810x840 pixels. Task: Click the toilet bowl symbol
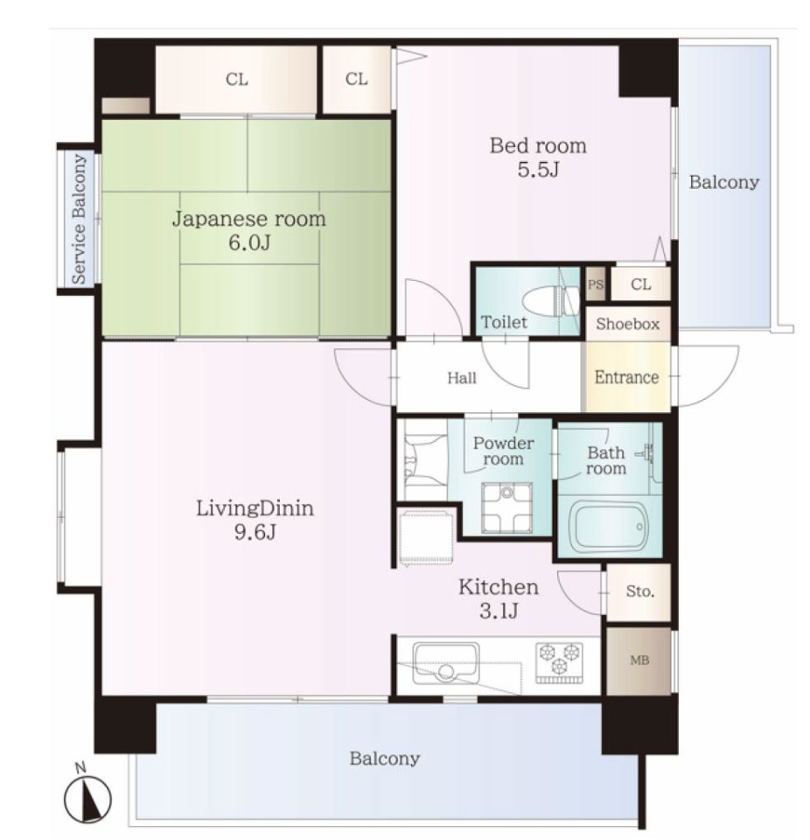tap(551, 302)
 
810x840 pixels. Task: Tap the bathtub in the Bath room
tap(609, 527)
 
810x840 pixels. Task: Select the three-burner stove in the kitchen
tap(559, 662)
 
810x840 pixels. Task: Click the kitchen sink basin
tap(446, 664)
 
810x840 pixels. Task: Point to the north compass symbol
tap(87, 795)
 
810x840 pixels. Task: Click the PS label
tap(595, 283)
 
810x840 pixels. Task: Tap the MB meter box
tap(639, 661)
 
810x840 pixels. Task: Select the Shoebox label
tap(627, 324)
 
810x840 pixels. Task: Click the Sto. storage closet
tap(639, 592)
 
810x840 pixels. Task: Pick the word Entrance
tap(626, 377)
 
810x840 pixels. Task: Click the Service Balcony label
tap(79, 219)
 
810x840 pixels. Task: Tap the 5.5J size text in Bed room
tap(538, 170)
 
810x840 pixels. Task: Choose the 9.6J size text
tap(255, 532)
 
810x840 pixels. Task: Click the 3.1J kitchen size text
tap(499, 611)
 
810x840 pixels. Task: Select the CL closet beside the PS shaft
tap(640, 283)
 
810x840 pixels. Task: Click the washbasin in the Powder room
tap(506, 507)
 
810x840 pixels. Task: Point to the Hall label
tap(461, 378)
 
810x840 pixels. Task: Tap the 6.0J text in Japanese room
tap(249, 242)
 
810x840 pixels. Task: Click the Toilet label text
tap(504, 322)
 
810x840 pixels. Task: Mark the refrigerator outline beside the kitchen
tap(427, 537)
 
